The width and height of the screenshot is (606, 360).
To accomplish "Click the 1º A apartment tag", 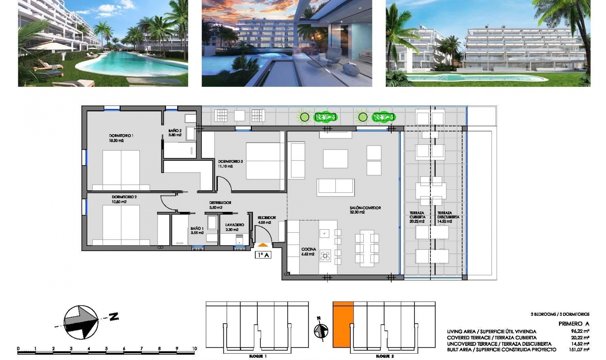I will pyautogui.click(x=263, y=255).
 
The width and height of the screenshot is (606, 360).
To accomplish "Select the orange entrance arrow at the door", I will pyautogui.click(x=263, y=244).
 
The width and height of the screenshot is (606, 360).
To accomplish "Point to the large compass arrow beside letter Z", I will pyautogui.click(x=81, y=322).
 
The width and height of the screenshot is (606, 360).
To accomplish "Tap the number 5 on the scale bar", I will pyautogui.click(x=106, y=349).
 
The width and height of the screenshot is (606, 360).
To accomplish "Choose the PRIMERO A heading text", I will pyautogui.click(x=573, y=324).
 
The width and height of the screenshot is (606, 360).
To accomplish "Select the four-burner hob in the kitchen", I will pyautogui.click(x=325, y=256).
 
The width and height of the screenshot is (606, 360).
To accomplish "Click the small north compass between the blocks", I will pyautogui.click(x=321, y=330).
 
